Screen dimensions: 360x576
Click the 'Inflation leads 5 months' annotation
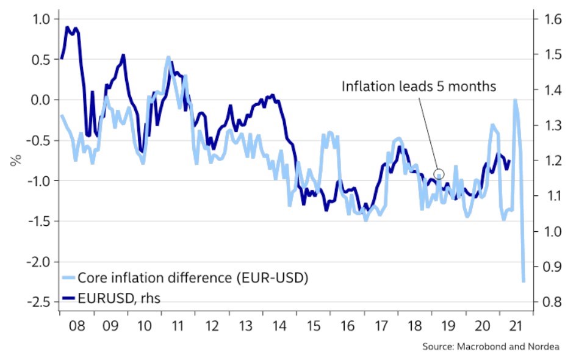coord(419,86)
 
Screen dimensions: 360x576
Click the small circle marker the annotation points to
coord(438,174)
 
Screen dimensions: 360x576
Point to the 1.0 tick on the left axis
coord(37,20)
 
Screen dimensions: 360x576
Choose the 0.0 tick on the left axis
coord(37,100)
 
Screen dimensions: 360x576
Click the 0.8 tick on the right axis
coord(546,302)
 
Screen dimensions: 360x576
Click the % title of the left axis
coord(16,161)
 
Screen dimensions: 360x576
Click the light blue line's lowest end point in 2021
coord(524,281)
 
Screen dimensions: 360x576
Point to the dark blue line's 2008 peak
coord(67,27)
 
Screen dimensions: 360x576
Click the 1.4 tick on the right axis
coord(546,90)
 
